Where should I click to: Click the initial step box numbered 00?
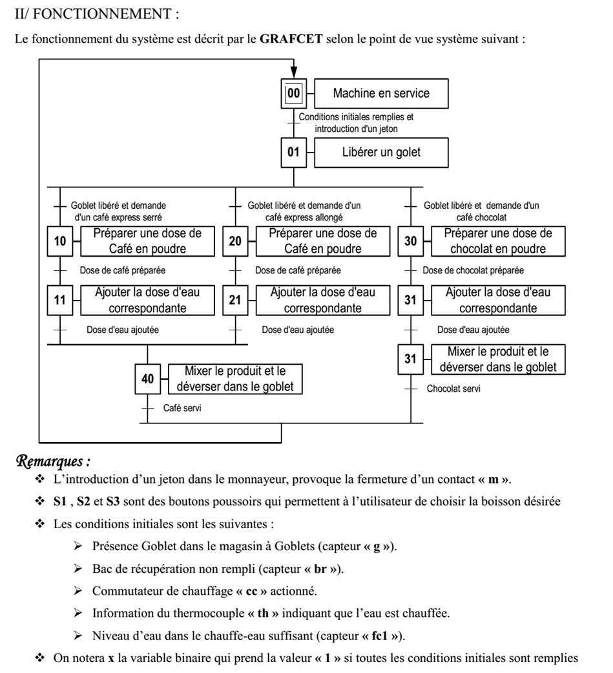coord(294,94)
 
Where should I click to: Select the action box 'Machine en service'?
coord(380,94)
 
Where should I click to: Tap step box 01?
coord(294,153)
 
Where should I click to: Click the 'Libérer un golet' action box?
coord(380,153)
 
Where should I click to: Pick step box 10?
coord(60,241)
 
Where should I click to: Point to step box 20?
coord(236,241)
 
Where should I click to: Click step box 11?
coord(60,301)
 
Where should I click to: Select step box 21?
coord(236,301)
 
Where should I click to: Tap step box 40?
coord(148,379)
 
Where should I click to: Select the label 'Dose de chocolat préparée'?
coord(473,270)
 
